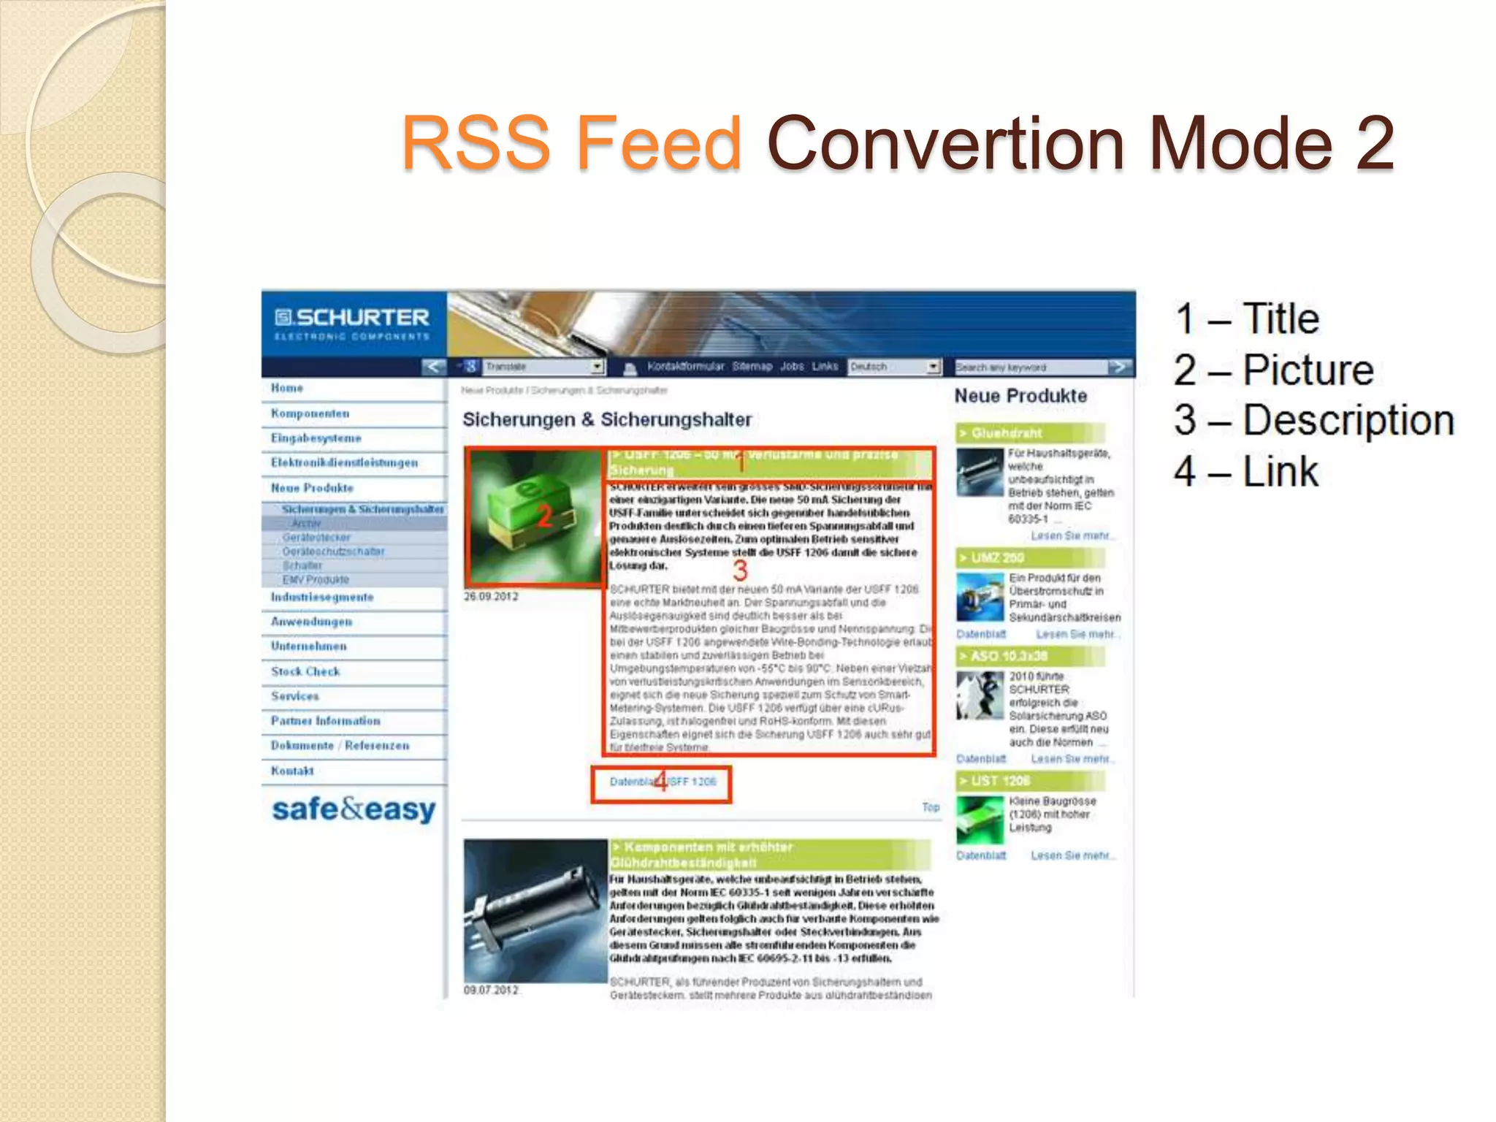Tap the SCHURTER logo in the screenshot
tap(352, 323)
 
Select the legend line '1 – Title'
tap(1247, 319)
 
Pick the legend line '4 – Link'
tap(1246, 471)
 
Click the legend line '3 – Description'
tap(1313, 421)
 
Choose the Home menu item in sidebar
tap(287, 388)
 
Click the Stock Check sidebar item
tap(305, 671)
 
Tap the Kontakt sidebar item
tap(292, 771)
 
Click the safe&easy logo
tap(354, 809)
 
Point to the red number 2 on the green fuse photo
tap(544, 516)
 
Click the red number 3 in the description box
tap(740, 570)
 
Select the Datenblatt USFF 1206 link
tap(662, 782)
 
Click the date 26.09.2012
tap(491, 597)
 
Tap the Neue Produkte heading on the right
tap(1020, 396)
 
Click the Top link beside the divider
tap(930, 807)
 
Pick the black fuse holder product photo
tap(535, 909)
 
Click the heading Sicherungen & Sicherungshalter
tap(606, 420)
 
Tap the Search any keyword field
tap(1030, 367)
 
